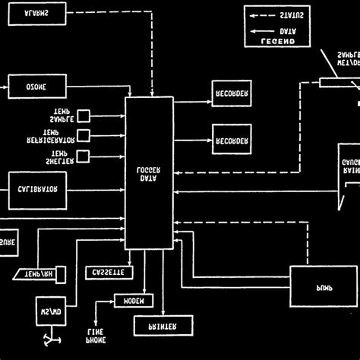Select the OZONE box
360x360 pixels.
coord(36,87)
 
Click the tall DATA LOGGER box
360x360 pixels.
coord(148,172)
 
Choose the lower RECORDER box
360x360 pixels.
coord(232,140)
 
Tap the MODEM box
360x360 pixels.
coord(134,300)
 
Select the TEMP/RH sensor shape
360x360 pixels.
coord(41,272)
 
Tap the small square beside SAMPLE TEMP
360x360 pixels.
coord(84,115)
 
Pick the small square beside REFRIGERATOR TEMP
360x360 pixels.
coord(84,136)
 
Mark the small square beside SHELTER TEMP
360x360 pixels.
coord(84,156)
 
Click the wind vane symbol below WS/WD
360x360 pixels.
coord(51,339)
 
